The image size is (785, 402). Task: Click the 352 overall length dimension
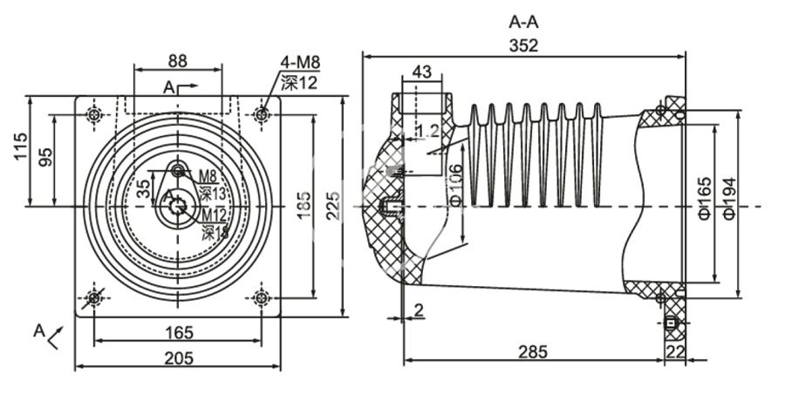[x=524, y=46]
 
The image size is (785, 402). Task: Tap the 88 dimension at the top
[x=177, y=61]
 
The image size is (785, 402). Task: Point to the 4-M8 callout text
[x=300, y=63]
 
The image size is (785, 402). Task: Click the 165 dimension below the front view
[x=177, y=332]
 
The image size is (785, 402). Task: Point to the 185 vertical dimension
[x=303, y=206]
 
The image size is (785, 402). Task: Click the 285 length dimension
[x=532, y=351]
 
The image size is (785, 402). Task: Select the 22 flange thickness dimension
[x=675, y=351]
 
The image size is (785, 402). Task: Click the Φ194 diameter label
[x=731, y=198]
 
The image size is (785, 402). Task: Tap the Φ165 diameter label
[x=705, y=198]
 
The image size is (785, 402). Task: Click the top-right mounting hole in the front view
[x=261, y=114]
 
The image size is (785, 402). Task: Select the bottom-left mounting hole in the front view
[x=94, y=298]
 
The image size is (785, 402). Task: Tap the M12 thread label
[x=215, y=214]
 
